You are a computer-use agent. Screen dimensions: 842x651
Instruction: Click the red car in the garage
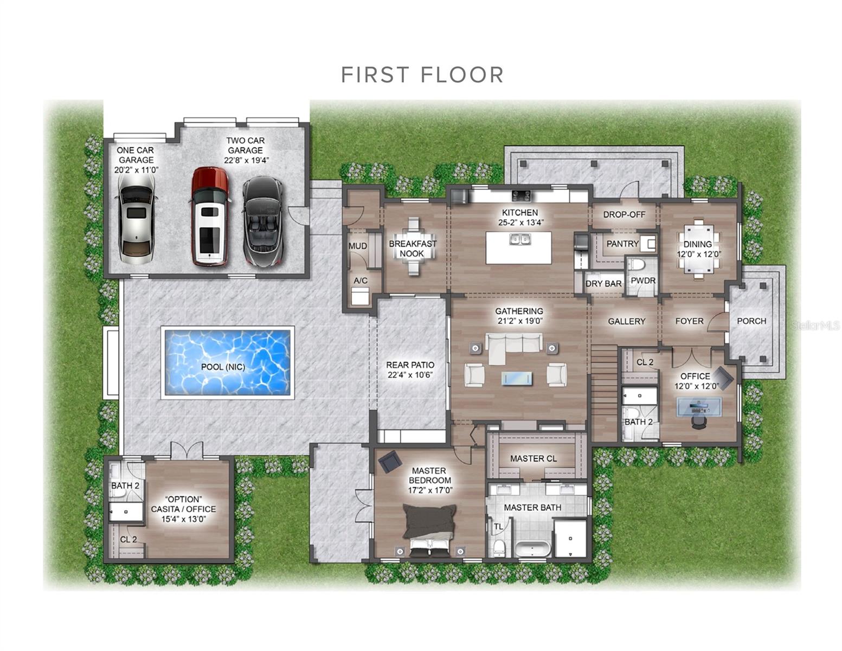tap(209, 216)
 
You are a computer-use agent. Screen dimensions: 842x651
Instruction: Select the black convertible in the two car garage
tap(263, 221)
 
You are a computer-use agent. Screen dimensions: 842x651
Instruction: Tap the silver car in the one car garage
tap(137, 219)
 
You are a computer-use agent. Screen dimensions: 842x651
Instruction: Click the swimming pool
tap(228, 362)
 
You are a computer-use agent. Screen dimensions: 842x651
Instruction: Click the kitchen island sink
tap(519, 240)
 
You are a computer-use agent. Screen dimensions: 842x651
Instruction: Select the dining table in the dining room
tap(699, 249)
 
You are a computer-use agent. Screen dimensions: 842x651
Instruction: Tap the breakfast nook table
tap(413, 246)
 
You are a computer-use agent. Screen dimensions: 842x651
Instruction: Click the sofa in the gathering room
tap(514, 347)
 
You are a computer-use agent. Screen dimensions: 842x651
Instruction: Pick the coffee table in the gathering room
tap(517, 378)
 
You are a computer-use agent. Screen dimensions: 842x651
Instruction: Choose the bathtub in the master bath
tap(533, 549)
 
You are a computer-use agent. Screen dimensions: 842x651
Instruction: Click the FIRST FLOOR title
tap(422, 75)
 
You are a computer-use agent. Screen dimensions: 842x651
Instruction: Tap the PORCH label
tap(751, 321)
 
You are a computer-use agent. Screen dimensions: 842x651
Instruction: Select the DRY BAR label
tap(603, 284)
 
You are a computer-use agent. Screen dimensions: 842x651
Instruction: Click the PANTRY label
tap(622, 244)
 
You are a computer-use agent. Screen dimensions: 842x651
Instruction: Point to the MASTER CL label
tap(533, 459)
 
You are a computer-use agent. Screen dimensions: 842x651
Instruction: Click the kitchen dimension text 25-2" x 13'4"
tap(521, 222)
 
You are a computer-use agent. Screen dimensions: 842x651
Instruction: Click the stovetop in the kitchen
tap(521, 196)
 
